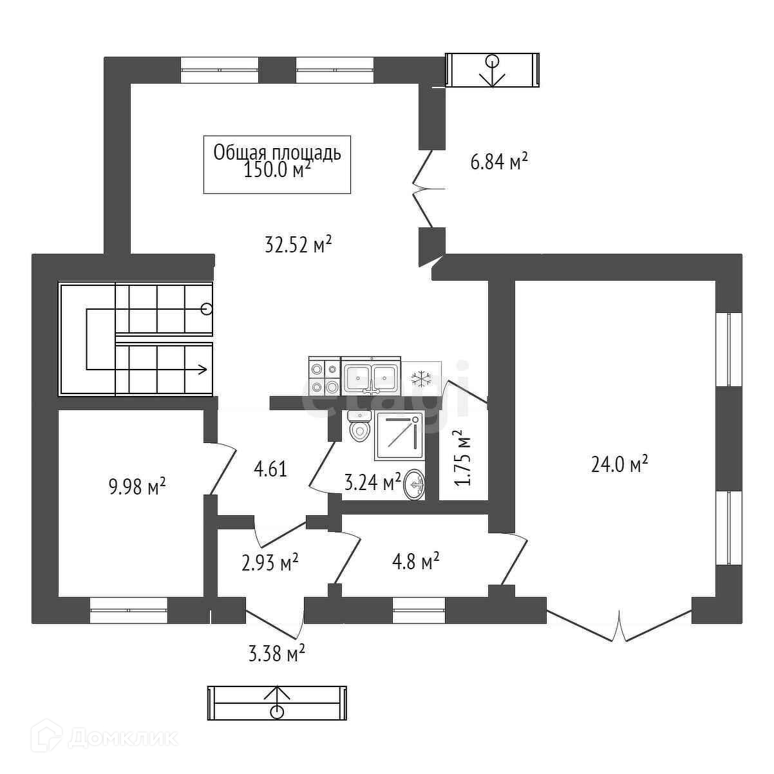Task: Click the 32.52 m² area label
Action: pos(298,244)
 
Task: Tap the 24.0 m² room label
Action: pos(619,464)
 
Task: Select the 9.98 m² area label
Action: pos(137,486)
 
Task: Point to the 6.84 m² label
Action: pos(498,162)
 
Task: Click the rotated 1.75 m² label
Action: pos(463,458)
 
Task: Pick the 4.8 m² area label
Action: pos(415,561)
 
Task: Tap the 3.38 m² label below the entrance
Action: pos(276,653)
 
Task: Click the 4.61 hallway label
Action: pos(270,469)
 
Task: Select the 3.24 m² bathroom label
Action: pos(372,482)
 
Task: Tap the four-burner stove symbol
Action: pos(325,376)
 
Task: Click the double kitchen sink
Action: pos(371,375)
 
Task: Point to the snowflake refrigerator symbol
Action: pos(421,378)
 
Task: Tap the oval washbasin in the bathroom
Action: pos(415,486)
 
